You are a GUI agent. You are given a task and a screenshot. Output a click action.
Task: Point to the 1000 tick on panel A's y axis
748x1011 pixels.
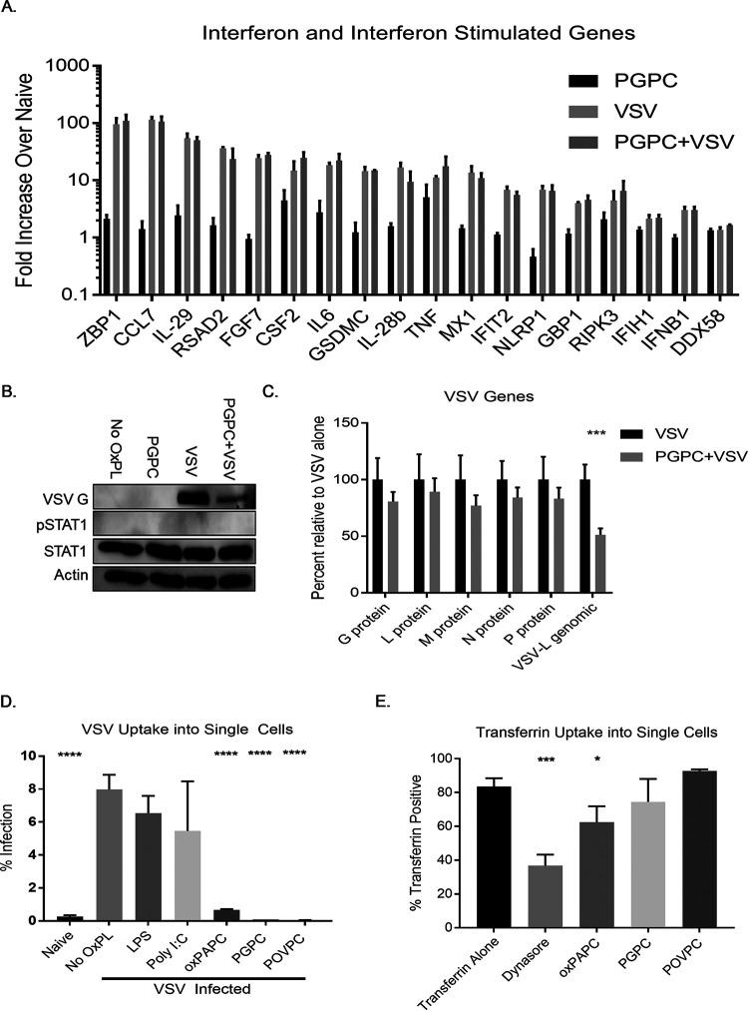point(71,65)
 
